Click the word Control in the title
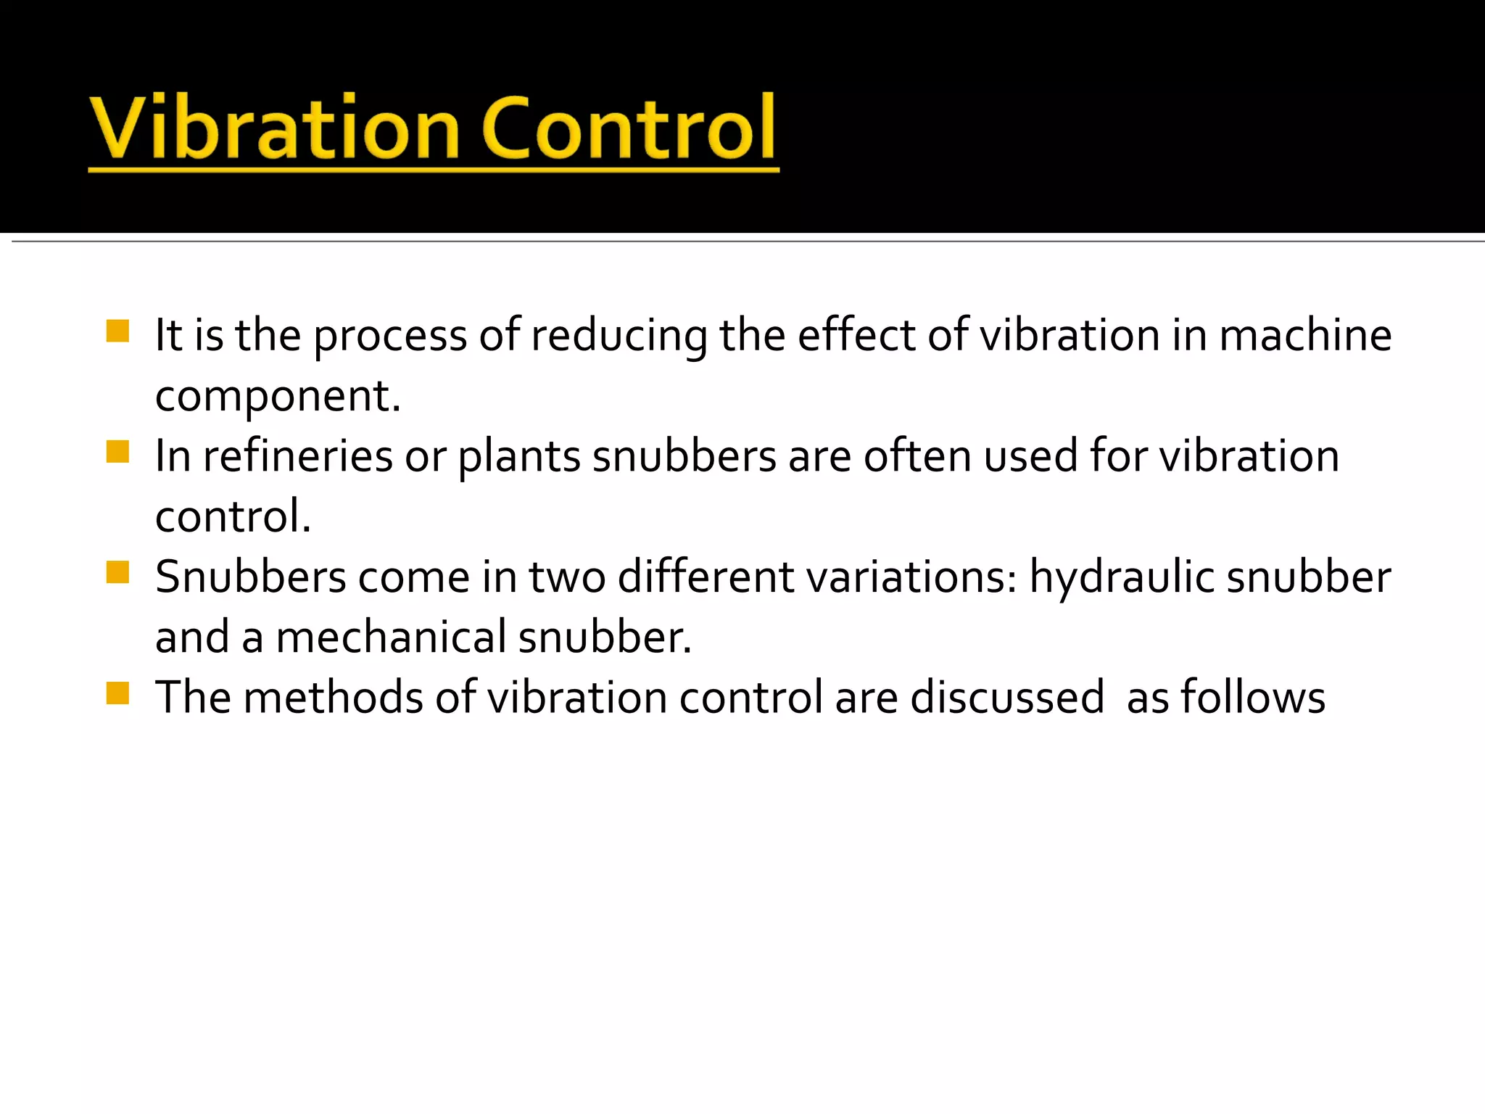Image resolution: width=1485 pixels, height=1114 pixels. point(629,129)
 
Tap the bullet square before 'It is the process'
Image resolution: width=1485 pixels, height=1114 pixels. point(117,331)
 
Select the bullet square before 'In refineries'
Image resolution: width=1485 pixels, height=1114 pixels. point(117,452)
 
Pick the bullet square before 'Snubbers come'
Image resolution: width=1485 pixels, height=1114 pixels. point(117,572)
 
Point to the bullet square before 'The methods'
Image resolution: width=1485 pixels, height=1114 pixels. point(117,693)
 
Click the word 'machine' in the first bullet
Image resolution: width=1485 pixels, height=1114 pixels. point(1305,336)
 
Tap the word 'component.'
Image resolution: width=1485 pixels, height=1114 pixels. point(278,397)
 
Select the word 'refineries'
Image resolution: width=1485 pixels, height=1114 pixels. point(298,457)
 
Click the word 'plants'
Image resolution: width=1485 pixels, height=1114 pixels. point(519,457)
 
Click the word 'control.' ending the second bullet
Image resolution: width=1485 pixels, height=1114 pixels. point(233,517)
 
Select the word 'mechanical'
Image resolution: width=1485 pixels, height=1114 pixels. point(391,638)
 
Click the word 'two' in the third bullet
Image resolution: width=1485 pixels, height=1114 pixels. point(567,577)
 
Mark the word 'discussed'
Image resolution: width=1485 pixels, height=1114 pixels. point(1007,698)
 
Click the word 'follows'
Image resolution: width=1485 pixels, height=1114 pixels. point(1253,698)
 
